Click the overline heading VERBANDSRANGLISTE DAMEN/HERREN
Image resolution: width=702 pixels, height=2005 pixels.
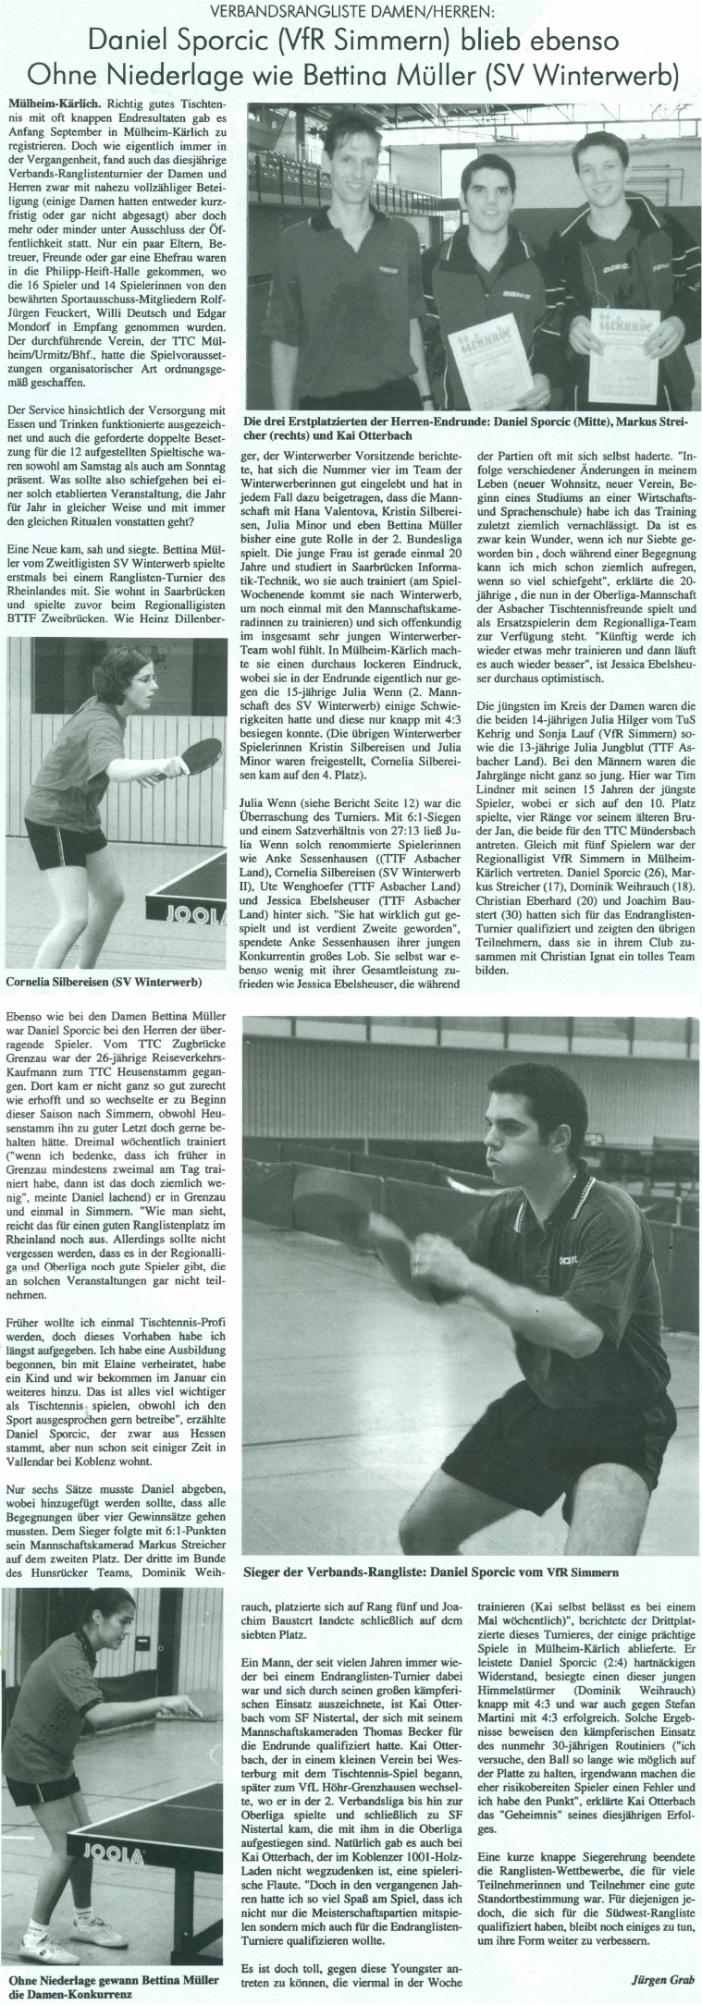coord(351,12)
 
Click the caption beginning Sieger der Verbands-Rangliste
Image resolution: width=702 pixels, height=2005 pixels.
coord(429,1571)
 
